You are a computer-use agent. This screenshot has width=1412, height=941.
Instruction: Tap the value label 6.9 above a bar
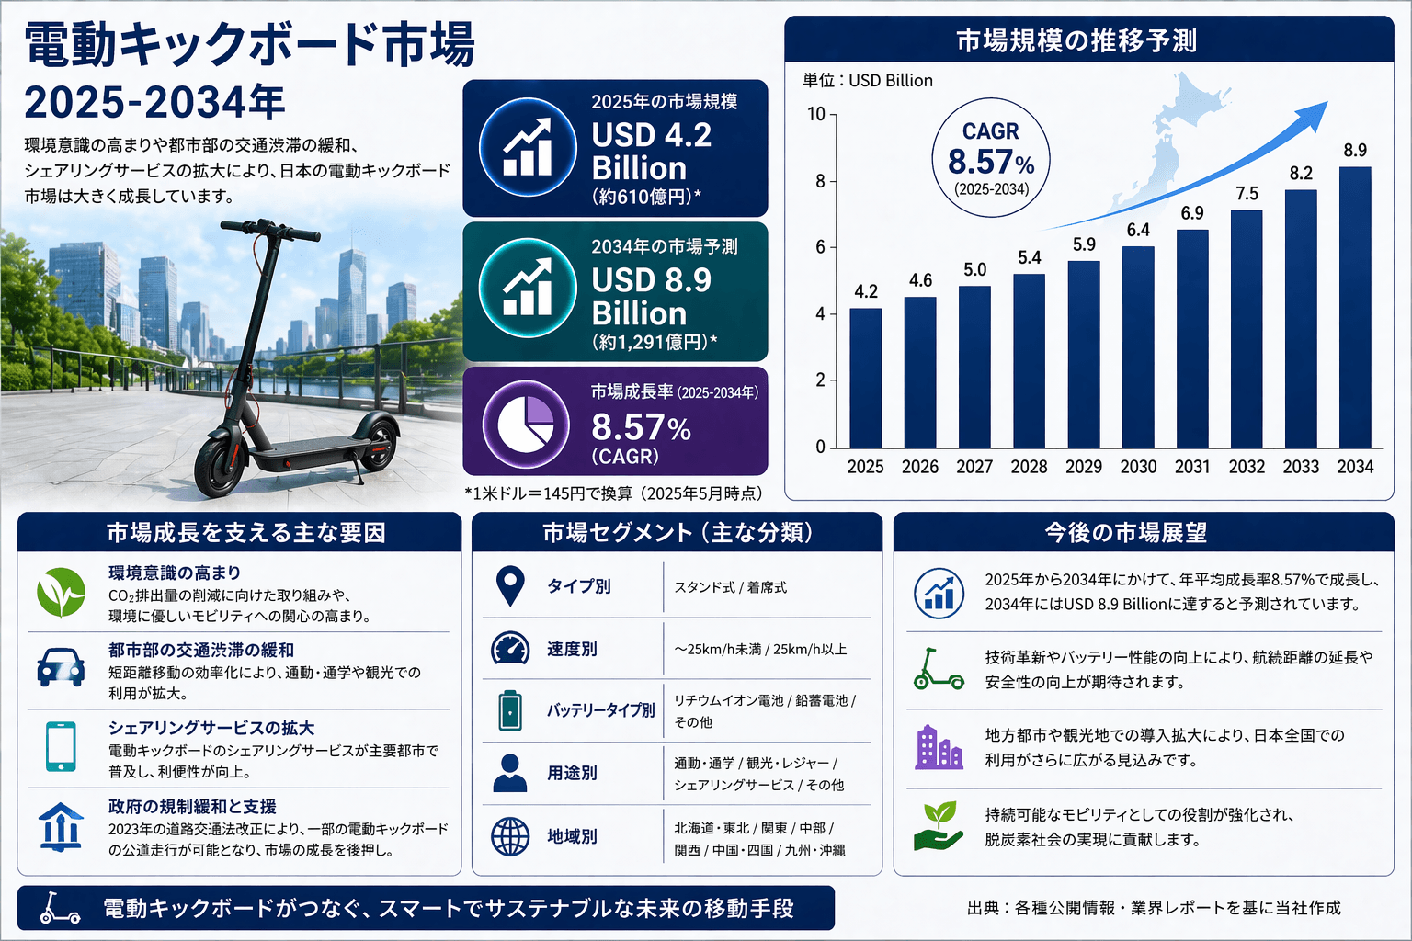coord(1192,213)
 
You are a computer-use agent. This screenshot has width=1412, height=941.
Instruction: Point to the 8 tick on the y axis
coord(820,181)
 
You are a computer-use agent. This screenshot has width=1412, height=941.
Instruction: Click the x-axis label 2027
coord(974,467)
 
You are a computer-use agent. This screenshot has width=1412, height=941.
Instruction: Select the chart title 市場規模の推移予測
coord(1076,41)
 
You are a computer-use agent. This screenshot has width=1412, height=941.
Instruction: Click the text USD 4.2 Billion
coord(652,152)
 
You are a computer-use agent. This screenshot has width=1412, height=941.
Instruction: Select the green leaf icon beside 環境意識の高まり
coord(61,593)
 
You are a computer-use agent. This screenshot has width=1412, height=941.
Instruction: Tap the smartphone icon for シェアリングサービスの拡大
coord(61,746)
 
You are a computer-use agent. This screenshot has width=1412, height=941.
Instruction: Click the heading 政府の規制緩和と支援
coord(192,806)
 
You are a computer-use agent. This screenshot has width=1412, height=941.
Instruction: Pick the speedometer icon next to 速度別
coord(510,649)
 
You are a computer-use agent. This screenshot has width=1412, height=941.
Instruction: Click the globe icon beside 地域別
coord(510,836)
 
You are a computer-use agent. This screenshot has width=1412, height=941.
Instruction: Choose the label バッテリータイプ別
coord(601,710)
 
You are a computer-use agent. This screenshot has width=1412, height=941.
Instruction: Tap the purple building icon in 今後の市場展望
coord(939,747)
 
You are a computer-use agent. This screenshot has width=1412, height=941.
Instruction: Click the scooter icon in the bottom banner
coord(60,908)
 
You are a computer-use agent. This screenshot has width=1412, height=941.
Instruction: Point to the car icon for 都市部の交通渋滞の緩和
coord(61,668)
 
